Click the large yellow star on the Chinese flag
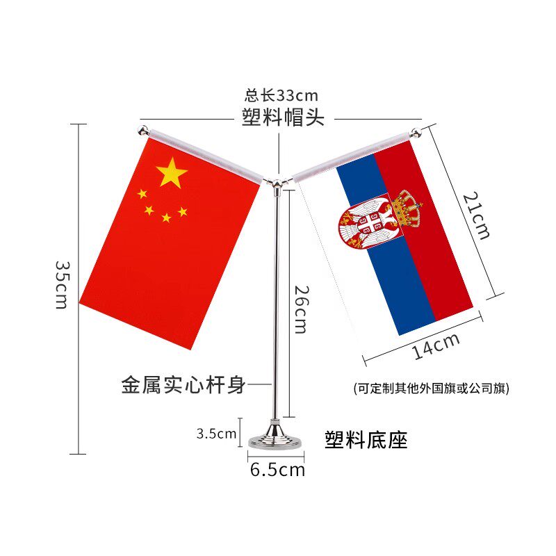click(172, 172)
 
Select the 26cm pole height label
click(300, 309)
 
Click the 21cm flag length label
click(477, 216)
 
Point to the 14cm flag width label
click(436, 346)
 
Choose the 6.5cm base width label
click(277, 470)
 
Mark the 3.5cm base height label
click(216, 434)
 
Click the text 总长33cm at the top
click(281, 96)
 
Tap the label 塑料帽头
click(283, 117)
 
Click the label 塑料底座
click(366, 439)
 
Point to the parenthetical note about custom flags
click(431, 389)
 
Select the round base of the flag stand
click(276, 439)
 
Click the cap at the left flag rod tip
click(142, 131)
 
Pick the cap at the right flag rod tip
click(415, 130)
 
